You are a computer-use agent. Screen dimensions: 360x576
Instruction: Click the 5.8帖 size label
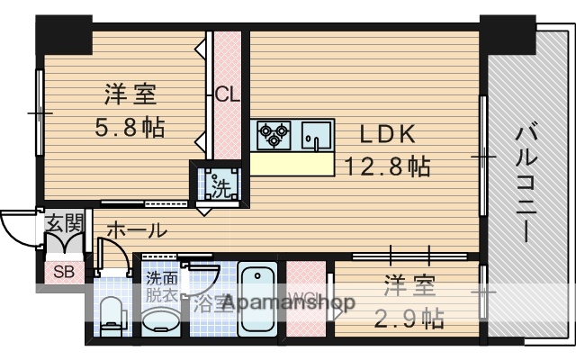pos(130,127)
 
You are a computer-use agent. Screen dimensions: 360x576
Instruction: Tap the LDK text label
pos(387,134)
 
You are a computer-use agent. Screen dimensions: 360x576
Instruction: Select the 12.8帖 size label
pos(388,166)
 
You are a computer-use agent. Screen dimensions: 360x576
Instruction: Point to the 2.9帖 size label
pos(409,317)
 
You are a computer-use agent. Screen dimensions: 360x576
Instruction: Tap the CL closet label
pos(226,93)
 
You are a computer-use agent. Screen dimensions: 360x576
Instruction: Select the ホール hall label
pos(136,230)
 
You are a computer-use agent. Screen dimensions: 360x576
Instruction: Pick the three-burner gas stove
pos(274,136)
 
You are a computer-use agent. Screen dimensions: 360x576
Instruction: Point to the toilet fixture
pos(112,311)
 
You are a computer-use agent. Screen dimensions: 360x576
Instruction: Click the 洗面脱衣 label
pos(162,286)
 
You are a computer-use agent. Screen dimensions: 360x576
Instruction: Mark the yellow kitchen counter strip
pos(292,163)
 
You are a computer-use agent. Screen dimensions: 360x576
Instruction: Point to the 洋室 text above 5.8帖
pos(130,94)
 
